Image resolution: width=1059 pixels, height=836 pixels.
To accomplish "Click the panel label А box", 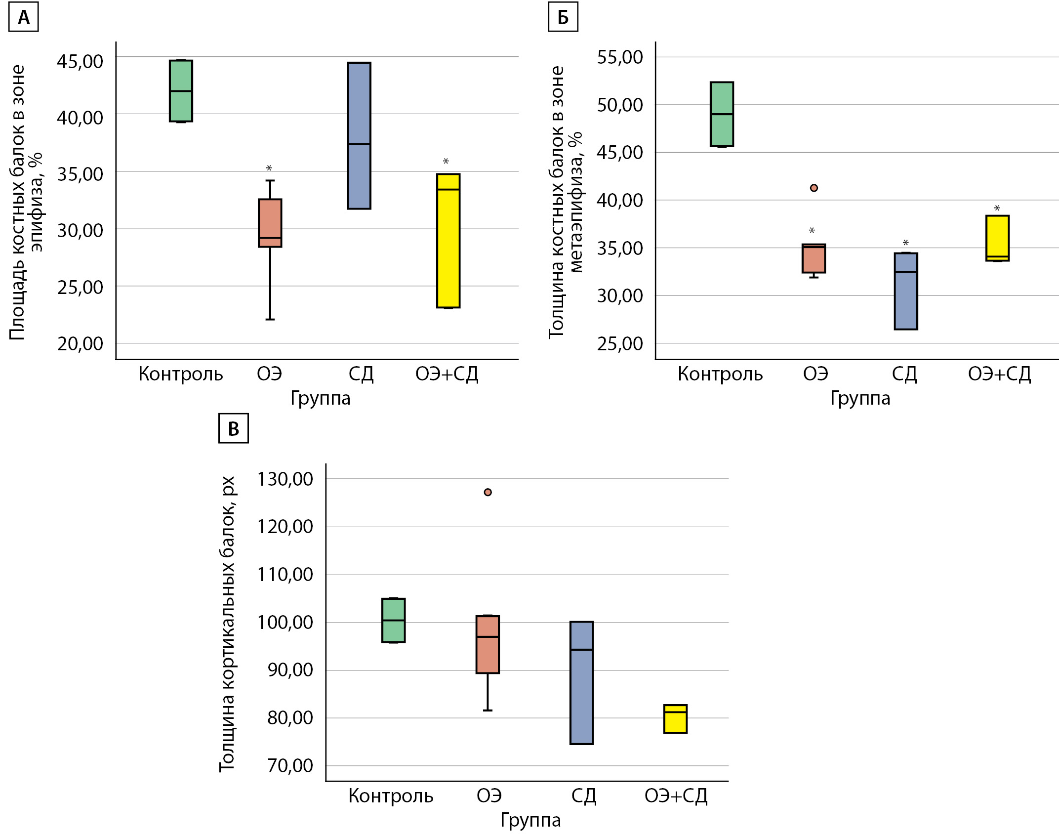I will (23, 18).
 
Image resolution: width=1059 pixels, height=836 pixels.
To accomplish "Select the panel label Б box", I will (563, 18).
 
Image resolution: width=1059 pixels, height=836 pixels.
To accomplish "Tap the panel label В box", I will (233, 428).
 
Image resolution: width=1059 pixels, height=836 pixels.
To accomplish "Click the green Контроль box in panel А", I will (181, 91).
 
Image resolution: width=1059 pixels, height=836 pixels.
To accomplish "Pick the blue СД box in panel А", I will (359, 135).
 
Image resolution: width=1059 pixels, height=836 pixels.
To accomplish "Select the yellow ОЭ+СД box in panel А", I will (448, 241).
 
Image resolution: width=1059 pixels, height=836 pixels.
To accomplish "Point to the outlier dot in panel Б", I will (814, 188).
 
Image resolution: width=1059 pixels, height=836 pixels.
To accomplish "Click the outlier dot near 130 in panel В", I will (488, 492).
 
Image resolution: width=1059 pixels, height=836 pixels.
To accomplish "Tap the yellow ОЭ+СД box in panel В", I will (675, 719).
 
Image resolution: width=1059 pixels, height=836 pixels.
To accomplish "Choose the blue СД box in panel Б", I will (906, 291).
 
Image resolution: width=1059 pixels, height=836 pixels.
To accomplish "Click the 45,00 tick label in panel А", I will (80, 61).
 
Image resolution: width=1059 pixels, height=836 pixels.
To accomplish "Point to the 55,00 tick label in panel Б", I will (620, 57).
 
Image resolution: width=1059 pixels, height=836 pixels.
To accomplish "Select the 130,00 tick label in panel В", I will (285, 479).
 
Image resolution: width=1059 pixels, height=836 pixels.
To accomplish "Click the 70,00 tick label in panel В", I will (290, 766).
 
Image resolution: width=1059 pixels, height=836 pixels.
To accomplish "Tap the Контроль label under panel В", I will (391, 796).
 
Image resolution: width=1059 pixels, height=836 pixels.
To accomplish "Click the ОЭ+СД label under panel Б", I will (999, 374).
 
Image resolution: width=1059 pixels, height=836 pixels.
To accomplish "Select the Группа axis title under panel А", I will (320, 398).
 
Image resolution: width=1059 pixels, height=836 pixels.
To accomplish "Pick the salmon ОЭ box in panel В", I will (488, 644).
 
